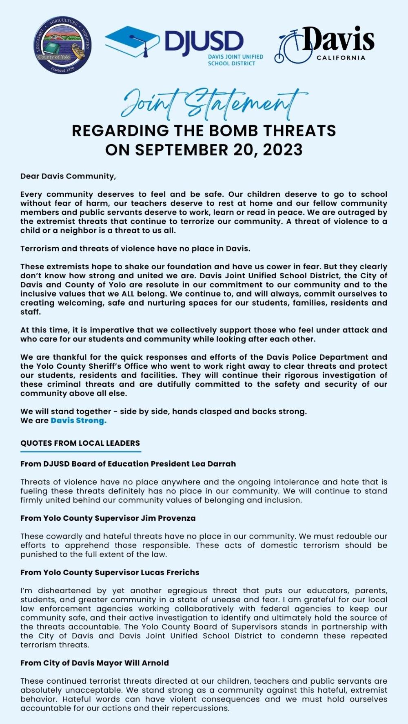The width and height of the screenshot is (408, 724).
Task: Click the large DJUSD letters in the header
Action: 204,42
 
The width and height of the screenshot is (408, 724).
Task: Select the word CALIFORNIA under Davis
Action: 341,58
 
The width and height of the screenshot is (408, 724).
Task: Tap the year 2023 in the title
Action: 283,150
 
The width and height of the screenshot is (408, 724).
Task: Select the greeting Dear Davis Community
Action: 68,176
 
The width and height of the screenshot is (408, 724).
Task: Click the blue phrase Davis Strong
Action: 78,420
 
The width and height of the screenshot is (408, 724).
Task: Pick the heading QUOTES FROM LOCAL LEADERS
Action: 80,443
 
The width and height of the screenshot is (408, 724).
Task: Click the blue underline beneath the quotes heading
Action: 80,451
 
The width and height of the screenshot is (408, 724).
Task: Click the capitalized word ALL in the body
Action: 128,294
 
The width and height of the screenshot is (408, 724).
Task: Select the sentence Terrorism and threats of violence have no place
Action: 135,249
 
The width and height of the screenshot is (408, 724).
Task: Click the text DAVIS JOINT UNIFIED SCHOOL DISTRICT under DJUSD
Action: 235,60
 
